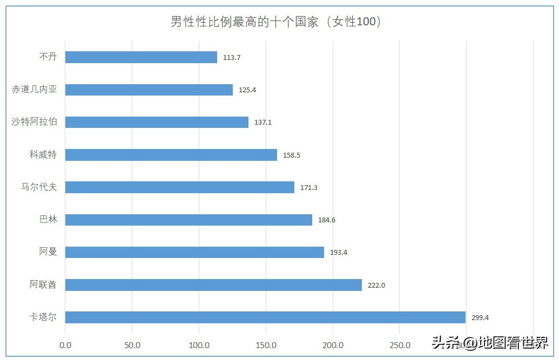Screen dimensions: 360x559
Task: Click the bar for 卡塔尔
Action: (265, 317)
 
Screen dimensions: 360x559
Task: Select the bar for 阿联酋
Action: (213, 285)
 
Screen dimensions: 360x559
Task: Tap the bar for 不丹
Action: (141, 57)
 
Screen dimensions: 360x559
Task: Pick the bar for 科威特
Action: (171, 155)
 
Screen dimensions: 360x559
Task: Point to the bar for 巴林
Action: (188, 220)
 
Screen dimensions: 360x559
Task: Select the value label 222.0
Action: (376, 286)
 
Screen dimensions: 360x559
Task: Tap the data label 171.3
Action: (308, 188)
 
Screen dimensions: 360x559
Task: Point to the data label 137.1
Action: (262, 123)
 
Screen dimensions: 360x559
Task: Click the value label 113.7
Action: (231, 58)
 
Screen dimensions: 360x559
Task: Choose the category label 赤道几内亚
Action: (34, 90)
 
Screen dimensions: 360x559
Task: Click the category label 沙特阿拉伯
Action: (34, 122)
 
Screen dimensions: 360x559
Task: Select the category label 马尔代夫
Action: (38, 187)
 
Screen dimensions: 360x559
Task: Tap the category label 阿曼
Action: (48, 252)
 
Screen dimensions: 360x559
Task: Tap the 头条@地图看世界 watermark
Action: (489, 342)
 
